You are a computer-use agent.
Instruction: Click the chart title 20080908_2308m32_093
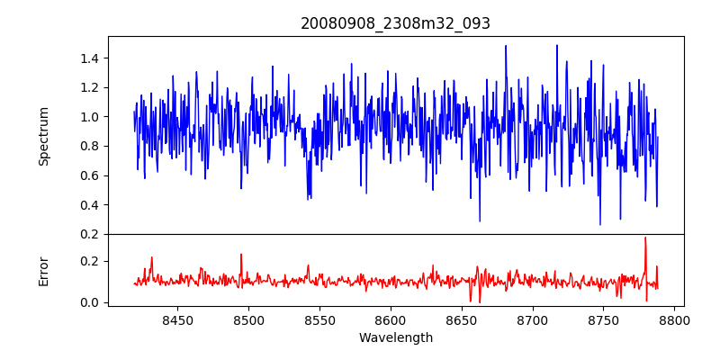(395, 23)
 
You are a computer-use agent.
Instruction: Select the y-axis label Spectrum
(43, 136)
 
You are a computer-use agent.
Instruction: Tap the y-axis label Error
(43, 271)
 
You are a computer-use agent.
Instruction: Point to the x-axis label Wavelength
(395, 337)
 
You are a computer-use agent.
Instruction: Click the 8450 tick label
(177, 319)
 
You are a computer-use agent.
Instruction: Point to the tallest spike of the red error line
(645, 238)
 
